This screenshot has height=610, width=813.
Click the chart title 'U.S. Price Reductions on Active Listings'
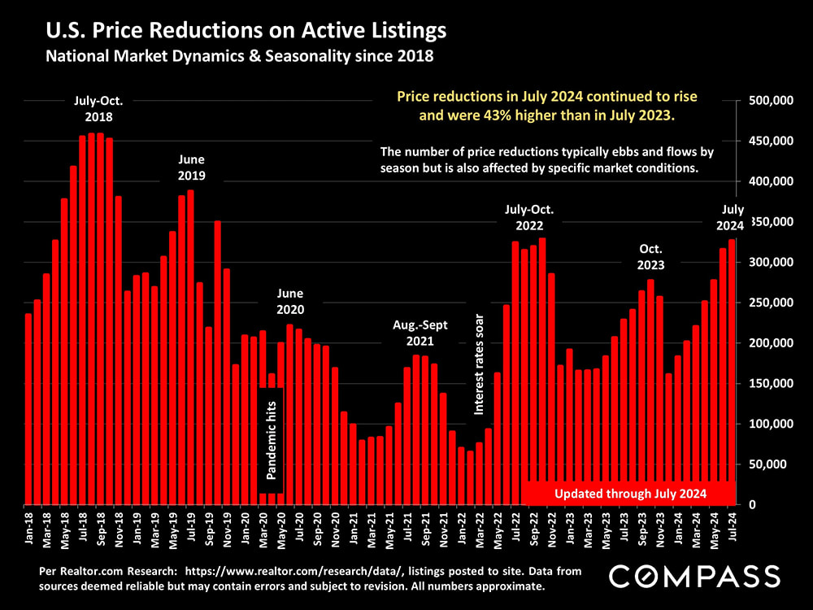(246, 32)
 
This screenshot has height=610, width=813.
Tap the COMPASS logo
(694, 576)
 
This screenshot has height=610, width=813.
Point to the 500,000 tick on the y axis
(769, 101)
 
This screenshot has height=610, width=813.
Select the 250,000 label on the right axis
(769, 303)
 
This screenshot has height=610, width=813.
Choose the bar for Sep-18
(100, 318)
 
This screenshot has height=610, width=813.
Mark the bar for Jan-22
(461, 475)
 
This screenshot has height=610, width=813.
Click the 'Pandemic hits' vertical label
(272, 440)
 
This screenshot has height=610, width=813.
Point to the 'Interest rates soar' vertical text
(479, 364)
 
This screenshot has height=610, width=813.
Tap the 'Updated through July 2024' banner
(630, 493)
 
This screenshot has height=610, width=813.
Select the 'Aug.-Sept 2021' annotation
(420, 333)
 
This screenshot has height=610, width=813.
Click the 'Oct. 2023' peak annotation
(650, 256)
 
